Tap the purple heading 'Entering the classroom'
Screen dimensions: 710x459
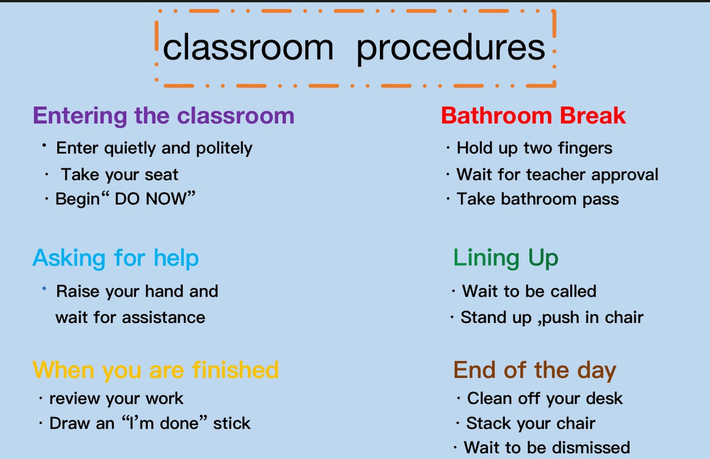pyautogui.click(x=164, y=116)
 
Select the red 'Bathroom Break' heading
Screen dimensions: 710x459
pyautogui.click(x=533, y=115)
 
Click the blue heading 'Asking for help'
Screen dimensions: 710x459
pyautogui.click(x=116, y=258)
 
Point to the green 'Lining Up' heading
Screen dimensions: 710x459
pyautogui.click(x=506, y=258)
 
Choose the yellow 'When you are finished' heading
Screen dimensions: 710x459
pyautogui.click(x=155, y=370)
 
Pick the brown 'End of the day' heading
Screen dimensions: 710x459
pyautogui.click(x=535, y=371)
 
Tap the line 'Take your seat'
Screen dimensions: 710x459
pyautogui.click(x=119, y=174)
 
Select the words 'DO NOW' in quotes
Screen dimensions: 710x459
pyautogui.click(x=150, y=199)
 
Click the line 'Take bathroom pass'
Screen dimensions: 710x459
pyautogui.click(x=538, y=199)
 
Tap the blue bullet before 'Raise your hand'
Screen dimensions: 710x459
pyautogui.click(x=44, y=288)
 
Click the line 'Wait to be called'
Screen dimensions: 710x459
pyautogui.click(x=529, y=291)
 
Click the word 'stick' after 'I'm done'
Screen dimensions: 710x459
pyautogui.click(x=232, y=423)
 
